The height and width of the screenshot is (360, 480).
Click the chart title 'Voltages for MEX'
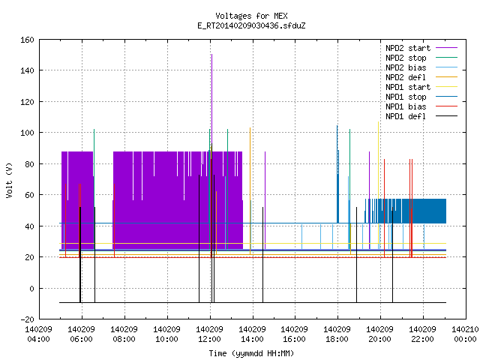[x=251, y=16]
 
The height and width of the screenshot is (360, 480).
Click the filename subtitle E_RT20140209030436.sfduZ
[x=251, y=25]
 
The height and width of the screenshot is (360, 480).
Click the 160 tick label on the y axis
[x=27, y=40]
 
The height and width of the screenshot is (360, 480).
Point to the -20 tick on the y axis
[x=27, y=319]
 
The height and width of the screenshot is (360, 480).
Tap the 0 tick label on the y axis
[x=31, y=288]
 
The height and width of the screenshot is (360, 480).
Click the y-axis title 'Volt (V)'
[x=9, y=180]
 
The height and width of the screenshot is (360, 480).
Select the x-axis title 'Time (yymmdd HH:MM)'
[x=251, y=353]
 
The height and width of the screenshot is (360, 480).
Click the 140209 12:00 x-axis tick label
[x=210, y=334]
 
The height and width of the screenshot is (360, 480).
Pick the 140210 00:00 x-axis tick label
[x=465, y=334]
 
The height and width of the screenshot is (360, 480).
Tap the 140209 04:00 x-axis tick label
[x=38, y=334]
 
